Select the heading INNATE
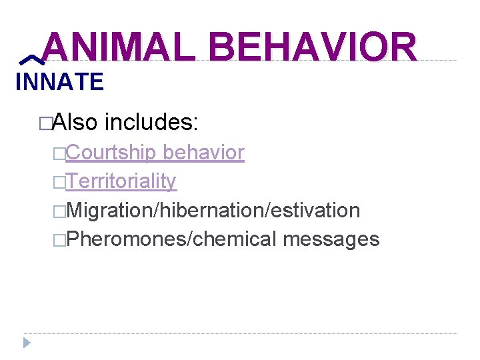[59, 83]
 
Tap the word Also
[75, 122]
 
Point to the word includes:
[151, 122]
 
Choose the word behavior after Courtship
[203, 153]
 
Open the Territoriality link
[121, 181]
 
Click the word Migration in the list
[110, 210]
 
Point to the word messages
[331, 239]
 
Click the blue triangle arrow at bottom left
[27, 343]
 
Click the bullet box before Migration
[61, 211]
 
